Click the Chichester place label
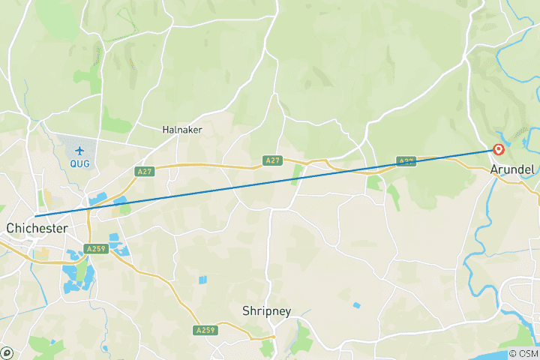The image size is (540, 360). tap(37, 227)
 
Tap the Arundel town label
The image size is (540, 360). tap(512, 170)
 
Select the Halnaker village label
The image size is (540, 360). tap(182, 130)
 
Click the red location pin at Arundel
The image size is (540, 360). tap(498, 149)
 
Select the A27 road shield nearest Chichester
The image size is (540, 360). tap(145, 172)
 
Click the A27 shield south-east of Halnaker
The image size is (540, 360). tap(273, 160)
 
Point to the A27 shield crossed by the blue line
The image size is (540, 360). tap(406, 160)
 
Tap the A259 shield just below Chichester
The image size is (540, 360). tap(95, 249)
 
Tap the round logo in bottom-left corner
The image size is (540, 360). tap(6, 353)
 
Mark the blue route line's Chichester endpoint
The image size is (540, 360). tap(35, 217)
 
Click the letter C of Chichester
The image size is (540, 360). tap(10, 227)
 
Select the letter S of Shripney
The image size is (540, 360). tap(246, 310)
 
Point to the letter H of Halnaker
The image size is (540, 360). tap(166, 130)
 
